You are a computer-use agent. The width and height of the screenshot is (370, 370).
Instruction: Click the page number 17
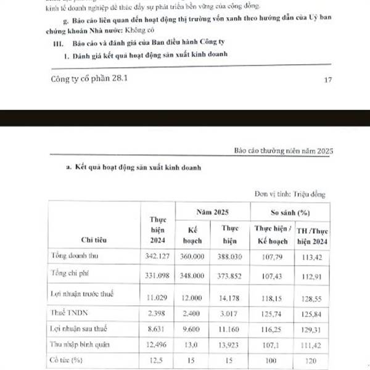pos(327,80)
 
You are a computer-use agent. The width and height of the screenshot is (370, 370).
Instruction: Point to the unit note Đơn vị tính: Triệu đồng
pos(290,194)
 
